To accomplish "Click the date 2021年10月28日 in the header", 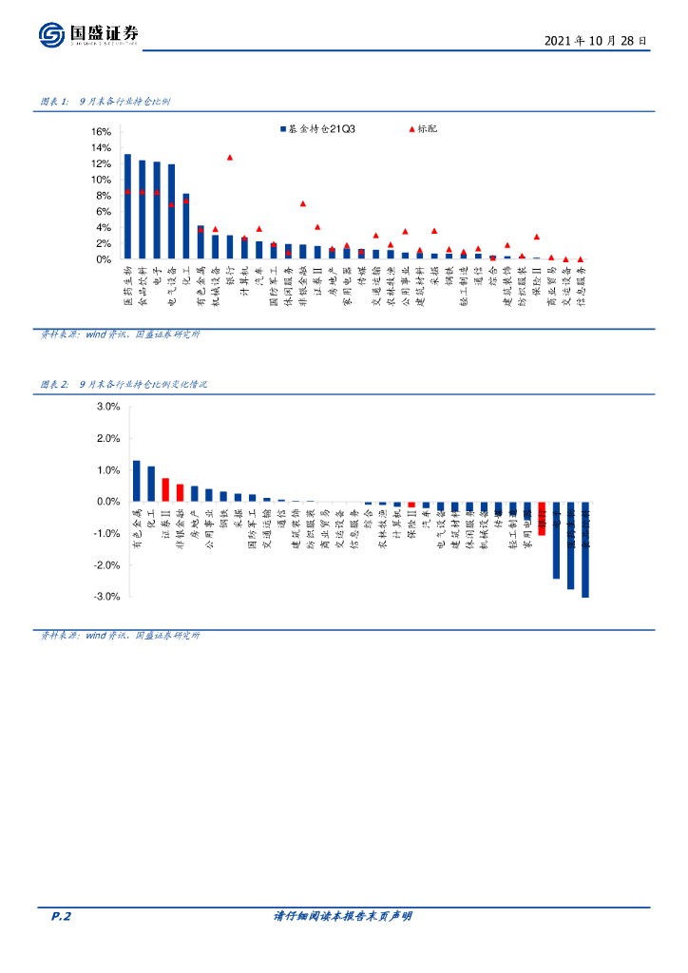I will tap(597, 42).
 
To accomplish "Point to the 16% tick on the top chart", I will tap(102, 132).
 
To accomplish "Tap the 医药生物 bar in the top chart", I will tap(127, 207).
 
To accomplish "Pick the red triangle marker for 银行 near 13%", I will tap(229, 158).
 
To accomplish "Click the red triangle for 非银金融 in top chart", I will tap(302, 203).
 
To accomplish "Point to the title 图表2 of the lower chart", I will tap(124, 385).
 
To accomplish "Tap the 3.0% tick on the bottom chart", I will tap(107, 407).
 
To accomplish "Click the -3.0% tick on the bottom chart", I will tap(105, 597).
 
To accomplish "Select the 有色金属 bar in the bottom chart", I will tap(136, 481).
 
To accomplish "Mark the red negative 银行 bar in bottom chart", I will tap(542, 519).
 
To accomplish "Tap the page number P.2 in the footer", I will tap(62, 917).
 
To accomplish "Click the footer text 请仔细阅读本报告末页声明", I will tap(342, 917).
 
